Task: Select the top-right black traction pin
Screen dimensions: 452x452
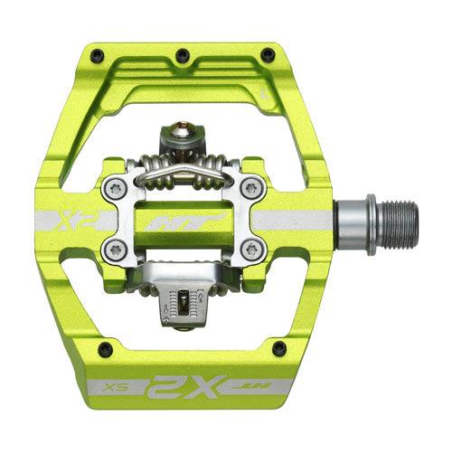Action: tap(267, 55)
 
